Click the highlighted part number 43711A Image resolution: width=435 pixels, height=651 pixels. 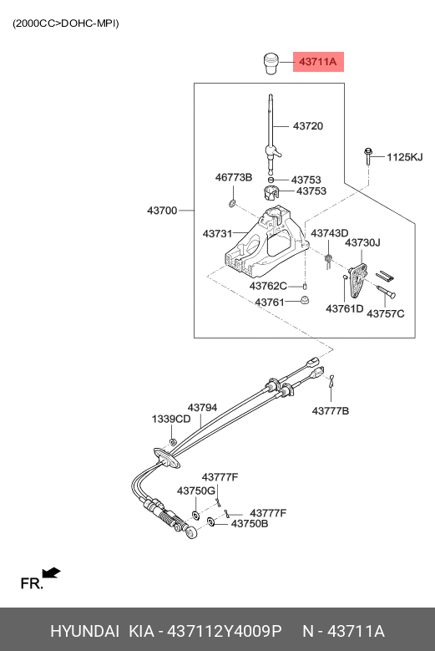coord(318,62)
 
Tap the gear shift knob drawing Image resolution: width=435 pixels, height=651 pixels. coord(271,64)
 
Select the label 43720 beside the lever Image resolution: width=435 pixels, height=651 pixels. coord(308,126)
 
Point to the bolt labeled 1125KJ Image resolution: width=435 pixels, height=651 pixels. coord(368,156)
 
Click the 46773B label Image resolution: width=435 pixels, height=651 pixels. coord(234,177)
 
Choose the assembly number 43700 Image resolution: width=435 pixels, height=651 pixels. coord(162,211)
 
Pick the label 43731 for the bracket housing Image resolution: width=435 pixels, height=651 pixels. coord(217,234)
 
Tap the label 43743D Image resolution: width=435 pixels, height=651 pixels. coord(330,233)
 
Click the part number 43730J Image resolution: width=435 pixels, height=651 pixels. coord(362,242)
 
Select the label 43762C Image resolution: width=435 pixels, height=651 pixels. coord(268,286)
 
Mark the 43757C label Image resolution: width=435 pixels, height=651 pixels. coord(385,313)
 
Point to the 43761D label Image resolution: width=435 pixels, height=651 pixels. coord(345,308)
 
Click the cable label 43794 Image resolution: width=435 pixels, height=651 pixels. coord(202,408)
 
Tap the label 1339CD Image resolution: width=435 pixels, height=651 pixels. coord(171,419)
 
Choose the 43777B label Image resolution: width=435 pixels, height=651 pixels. coord(331,411)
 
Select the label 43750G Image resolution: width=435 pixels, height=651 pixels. coord(196,491)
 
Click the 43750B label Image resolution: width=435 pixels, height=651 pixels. coord(250,523)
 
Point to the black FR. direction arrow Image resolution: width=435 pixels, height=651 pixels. coord(52,573)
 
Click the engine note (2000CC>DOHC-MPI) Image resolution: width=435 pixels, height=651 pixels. coord(65,23)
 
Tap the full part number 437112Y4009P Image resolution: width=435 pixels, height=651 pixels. coord(224,631)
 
